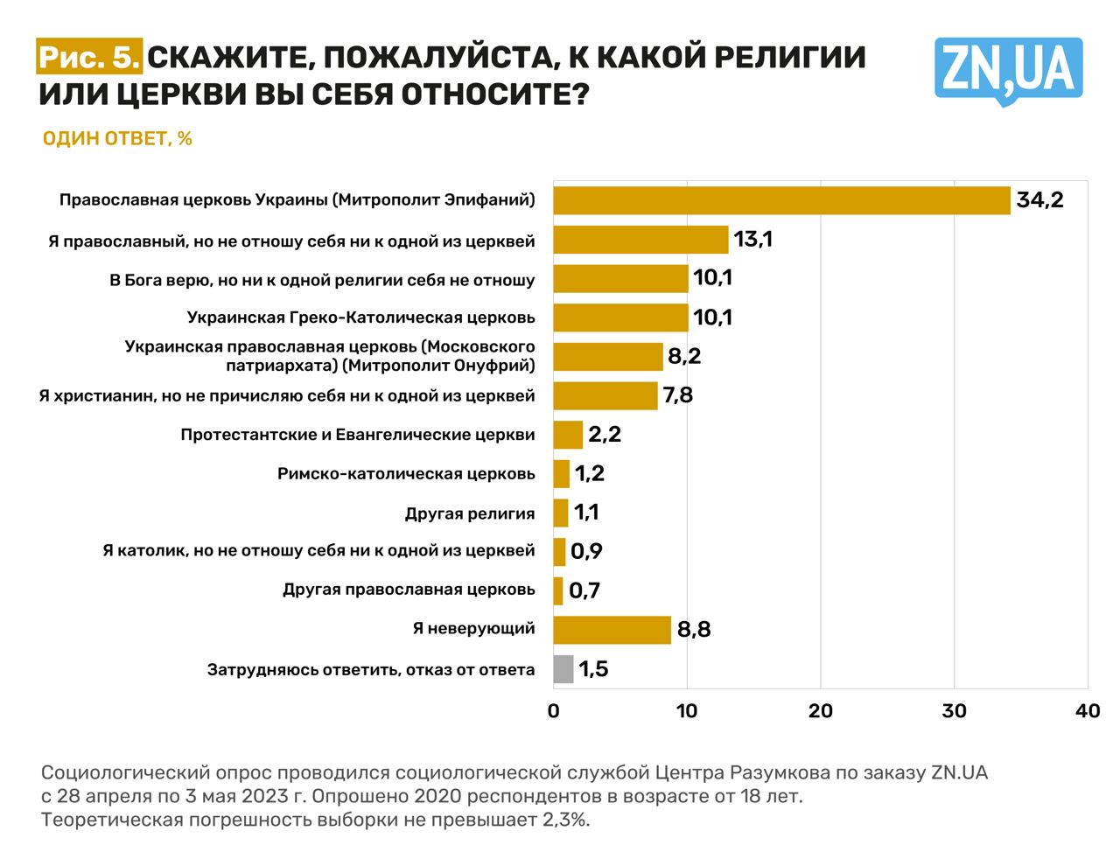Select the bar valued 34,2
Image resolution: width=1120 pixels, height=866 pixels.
[x=781, y=200]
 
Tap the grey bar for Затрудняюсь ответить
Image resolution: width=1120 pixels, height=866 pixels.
[x=563, y=669]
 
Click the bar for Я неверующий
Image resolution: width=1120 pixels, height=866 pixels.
[x=612, y=630]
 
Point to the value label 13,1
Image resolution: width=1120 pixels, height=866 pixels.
[x=752, y=240]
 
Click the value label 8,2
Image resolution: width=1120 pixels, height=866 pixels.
[x=684, y=356]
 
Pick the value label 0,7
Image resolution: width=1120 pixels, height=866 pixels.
[x=584, y=590]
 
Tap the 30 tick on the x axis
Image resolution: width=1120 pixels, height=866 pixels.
[x=954, y=711]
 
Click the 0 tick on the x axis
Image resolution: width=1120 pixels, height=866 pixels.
[x=554, y=711]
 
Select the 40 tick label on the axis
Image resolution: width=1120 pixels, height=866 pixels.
[x=1087, y=711]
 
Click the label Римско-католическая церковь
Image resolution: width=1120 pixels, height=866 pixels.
[x=406, y=474]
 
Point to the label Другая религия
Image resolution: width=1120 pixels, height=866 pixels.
[x=470, y=513]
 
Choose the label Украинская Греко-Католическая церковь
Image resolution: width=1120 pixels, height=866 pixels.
[x=360, y=318]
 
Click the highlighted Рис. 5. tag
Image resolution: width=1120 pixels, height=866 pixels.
[x=89, y=58]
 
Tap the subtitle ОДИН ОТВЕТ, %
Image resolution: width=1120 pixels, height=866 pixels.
[x=117, y=139]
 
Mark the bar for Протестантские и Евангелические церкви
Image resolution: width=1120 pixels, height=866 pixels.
[x=568, y=435]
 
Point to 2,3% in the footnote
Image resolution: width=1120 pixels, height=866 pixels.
[x=564, y=820]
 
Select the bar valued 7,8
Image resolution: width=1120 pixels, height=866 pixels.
[x=605, y=395]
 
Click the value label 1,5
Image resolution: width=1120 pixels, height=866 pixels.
[x=593, y=669]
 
